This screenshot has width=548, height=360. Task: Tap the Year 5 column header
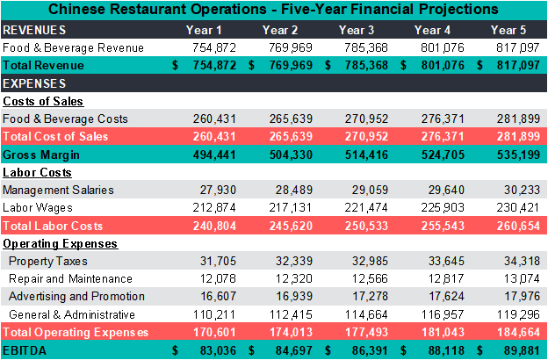click(x=508, y=30)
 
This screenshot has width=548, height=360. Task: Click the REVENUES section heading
click(x=34, y=30)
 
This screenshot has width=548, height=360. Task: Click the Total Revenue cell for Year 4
click(x=440, y=66)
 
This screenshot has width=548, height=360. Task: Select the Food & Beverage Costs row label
click(x=65, y=119)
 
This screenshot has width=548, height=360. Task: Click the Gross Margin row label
click(x=41, y=155)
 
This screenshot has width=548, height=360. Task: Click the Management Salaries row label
click(x=58, y=190)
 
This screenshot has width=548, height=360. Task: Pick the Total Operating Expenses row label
click(x=76, y=332)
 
